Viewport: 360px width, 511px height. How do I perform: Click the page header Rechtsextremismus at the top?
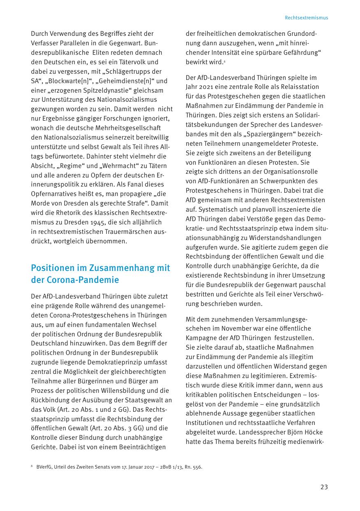[x=306, y=18]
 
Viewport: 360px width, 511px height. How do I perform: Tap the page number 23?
[x=324, y=487]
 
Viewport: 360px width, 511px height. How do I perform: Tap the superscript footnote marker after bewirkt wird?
[x=224, y=62]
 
